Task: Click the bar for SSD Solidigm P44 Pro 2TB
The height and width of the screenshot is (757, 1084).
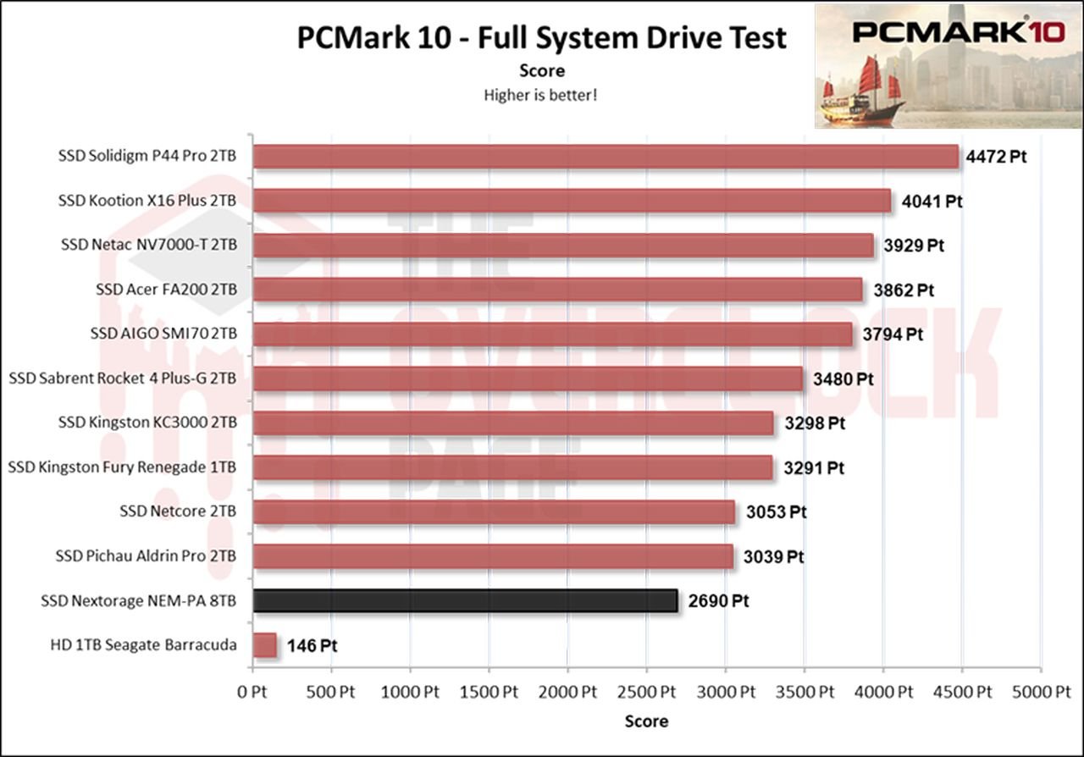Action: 606,157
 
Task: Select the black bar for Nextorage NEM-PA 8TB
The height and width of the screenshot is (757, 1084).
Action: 465,601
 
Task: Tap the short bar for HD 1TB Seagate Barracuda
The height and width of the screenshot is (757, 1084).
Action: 265,645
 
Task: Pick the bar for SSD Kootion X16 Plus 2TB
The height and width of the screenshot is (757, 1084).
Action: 572,202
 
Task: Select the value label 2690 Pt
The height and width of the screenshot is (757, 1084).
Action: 717,602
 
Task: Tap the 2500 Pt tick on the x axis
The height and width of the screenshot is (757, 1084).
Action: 645,691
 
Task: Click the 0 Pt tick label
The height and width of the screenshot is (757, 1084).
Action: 252,691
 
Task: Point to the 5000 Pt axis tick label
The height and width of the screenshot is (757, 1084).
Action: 1041,691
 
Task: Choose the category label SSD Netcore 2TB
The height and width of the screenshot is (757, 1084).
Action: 178,511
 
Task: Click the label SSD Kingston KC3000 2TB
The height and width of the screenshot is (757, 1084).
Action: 147,423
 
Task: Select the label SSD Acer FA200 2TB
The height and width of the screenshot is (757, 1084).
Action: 166,290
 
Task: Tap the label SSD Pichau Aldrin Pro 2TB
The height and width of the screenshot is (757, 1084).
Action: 146,556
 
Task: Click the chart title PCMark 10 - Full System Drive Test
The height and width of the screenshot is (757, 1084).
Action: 541,38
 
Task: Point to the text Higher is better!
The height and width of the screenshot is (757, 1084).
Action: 540,95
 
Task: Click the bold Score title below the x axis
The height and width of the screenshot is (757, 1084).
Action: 646,721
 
